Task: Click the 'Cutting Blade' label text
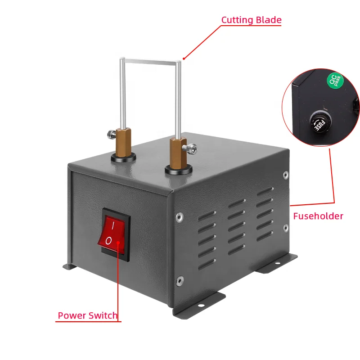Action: click(251, 20)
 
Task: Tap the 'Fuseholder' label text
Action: click(318, 216)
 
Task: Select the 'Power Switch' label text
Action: click(88, 316)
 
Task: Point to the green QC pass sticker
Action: click(334, 81)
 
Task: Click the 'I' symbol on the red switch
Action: click(113, 224)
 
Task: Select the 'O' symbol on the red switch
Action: click(109, 241)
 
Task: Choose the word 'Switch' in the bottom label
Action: click(103, 316)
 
